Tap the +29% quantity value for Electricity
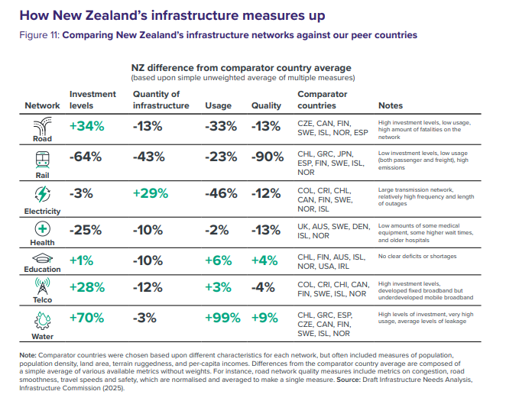pyautogui.click(x=151, y=193)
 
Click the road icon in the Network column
pyautogui.click(x=43, y=126)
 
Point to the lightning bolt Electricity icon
pyautogui.click(x=43, y=194)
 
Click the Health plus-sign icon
pyautogui.click(x=43, y=228)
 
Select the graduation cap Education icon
pyautogui.click(x=43, y=257)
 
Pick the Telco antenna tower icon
pyautogui.click(x=43, y=286)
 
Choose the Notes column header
pyautogui.click(x=392, y=105)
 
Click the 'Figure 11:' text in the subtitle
pyautogui.click(x=39, y=35)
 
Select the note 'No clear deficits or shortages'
pyautogui.click(x=416, y=257)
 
